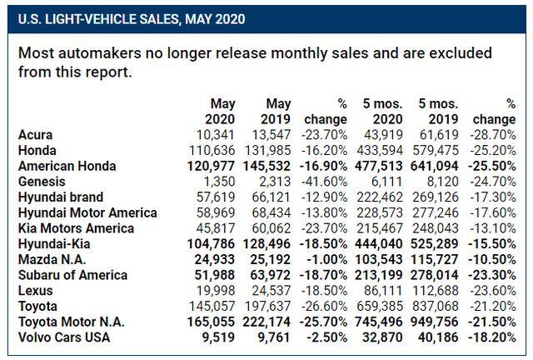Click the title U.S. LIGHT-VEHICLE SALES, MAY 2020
(x=132, y=19)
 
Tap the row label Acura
(x=35, y=135)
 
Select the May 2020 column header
(x=220, y=112)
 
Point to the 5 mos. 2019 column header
(x=438, y=112)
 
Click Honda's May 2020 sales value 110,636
(x=211, y=150)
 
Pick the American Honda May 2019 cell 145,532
(x=266, y=166)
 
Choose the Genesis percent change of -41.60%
(x=324, y=182)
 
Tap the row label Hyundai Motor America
(x=87, y=213)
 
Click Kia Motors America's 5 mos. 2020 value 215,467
(x=380, y=228)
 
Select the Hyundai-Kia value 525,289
(x=434, y=244)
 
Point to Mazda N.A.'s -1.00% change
(x=326, y=260)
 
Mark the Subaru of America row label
(x=72, y=275)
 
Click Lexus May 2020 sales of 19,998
(x=216, y=291)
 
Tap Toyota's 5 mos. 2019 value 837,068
(x=436, y=306)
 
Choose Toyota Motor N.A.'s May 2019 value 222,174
(x=266, y=322)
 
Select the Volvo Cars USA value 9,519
(x=218, y=337)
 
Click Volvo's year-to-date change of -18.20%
(x=492, y=337)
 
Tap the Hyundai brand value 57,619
(x=216, y=197)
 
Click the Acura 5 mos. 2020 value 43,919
(x=383, y=135)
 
